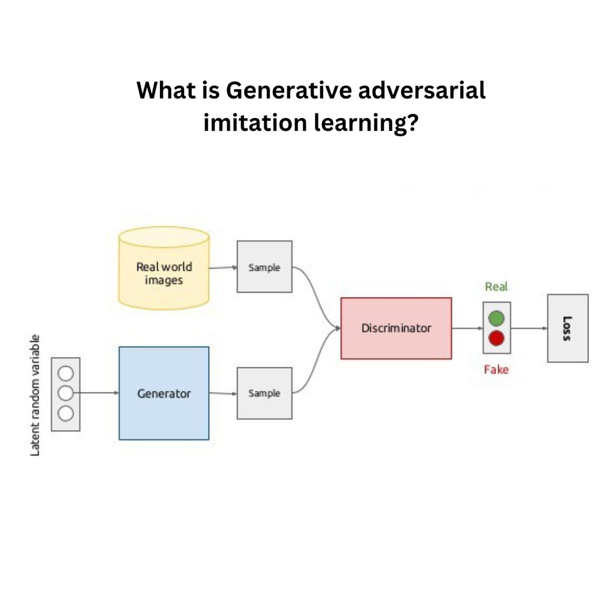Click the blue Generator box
pos(164,393)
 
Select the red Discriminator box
pos(396,328)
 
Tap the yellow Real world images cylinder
pos(164,268)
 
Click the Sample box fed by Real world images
pos(264,267)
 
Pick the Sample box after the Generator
pos(264,393)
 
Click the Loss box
pos(568,328)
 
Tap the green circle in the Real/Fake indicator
pos(496,319)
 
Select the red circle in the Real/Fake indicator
pos(496,338)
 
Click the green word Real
pos(496,287)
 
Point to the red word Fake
pos(496,370)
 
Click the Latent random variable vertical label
pos(35,395)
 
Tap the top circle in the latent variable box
pos(66,373)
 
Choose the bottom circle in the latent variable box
pos(66,413)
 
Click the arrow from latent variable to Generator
pos(96,393)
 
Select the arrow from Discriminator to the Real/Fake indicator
pos(467,328)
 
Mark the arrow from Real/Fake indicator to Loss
pos(529,328)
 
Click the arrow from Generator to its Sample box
pos(223,393)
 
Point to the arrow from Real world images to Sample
pos(223,267)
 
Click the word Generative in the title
pos(288,90)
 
